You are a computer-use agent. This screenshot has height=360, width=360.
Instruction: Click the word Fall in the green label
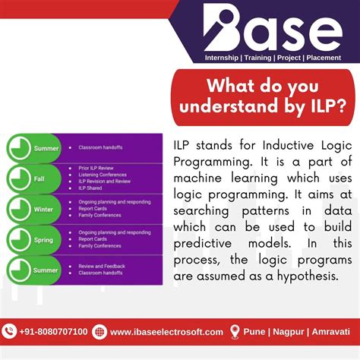(39, 178)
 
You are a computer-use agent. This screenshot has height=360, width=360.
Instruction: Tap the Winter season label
(43, 209)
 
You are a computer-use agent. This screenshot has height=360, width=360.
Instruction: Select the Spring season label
(43, 238)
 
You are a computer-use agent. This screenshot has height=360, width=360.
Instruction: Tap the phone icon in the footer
(9, 331)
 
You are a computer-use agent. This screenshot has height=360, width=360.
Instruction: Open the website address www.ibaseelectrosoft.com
(166, 332)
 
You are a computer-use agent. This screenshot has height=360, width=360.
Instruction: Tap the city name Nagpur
(289, 332)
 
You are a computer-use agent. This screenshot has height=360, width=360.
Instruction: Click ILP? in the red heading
(321, 107)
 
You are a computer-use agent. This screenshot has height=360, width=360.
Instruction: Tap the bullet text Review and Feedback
(103, 266)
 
